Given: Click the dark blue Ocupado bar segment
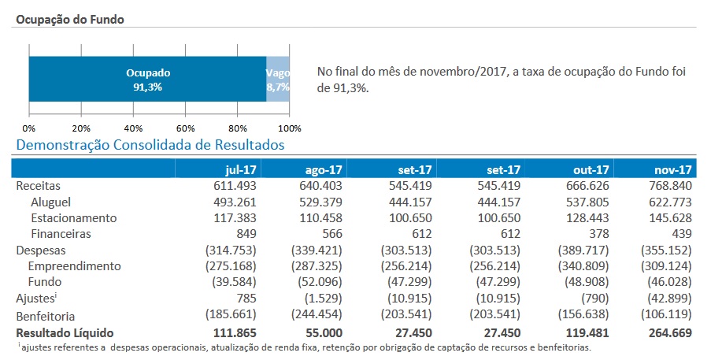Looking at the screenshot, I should tap(148, 79).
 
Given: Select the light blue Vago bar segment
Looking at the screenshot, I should tap(278, 79).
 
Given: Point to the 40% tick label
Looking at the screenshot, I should tap(133, 128).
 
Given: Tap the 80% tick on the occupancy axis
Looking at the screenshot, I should tap(237, 128).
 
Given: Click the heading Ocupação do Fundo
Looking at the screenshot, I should tap(68, 18).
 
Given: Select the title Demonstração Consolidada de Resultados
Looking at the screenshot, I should tap(150, 145).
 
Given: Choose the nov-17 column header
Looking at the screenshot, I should tap(673, 169).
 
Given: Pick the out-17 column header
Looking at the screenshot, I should tap(591, 169).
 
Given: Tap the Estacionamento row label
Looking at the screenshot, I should tap(73, 217).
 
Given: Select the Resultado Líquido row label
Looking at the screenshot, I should tap(65, 332).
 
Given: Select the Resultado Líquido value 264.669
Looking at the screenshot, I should tap(668, 332).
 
